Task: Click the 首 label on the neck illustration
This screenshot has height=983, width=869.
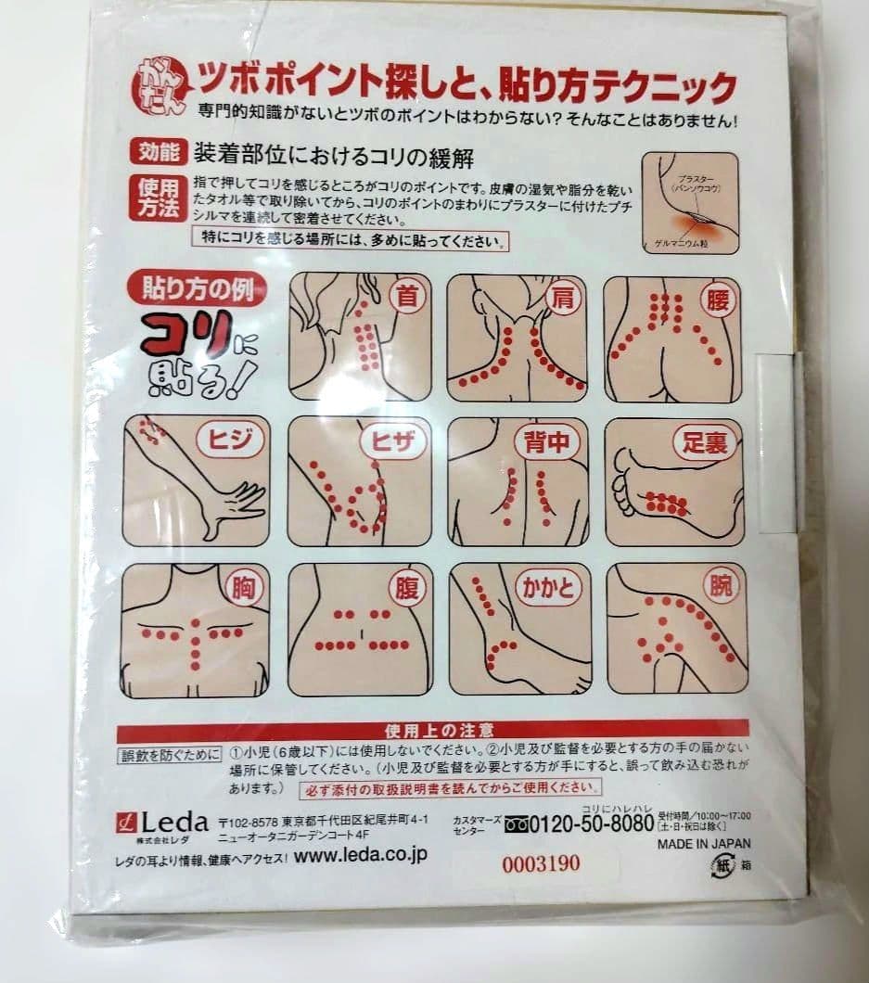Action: coord(406,297)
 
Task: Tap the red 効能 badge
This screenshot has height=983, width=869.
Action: coord(158,151)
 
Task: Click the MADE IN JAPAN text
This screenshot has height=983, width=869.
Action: coord(704,844)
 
